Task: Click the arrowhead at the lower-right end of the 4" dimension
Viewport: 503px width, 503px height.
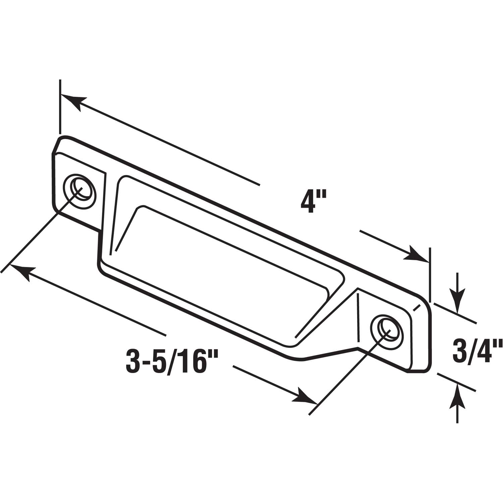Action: click(418, 255)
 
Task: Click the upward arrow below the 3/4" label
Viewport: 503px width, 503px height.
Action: click(457, 397)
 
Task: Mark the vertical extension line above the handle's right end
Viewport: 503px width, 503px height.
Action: click(430, 272)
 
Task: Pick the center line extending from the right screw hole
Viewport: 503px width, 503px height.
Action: click(345, 372)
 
